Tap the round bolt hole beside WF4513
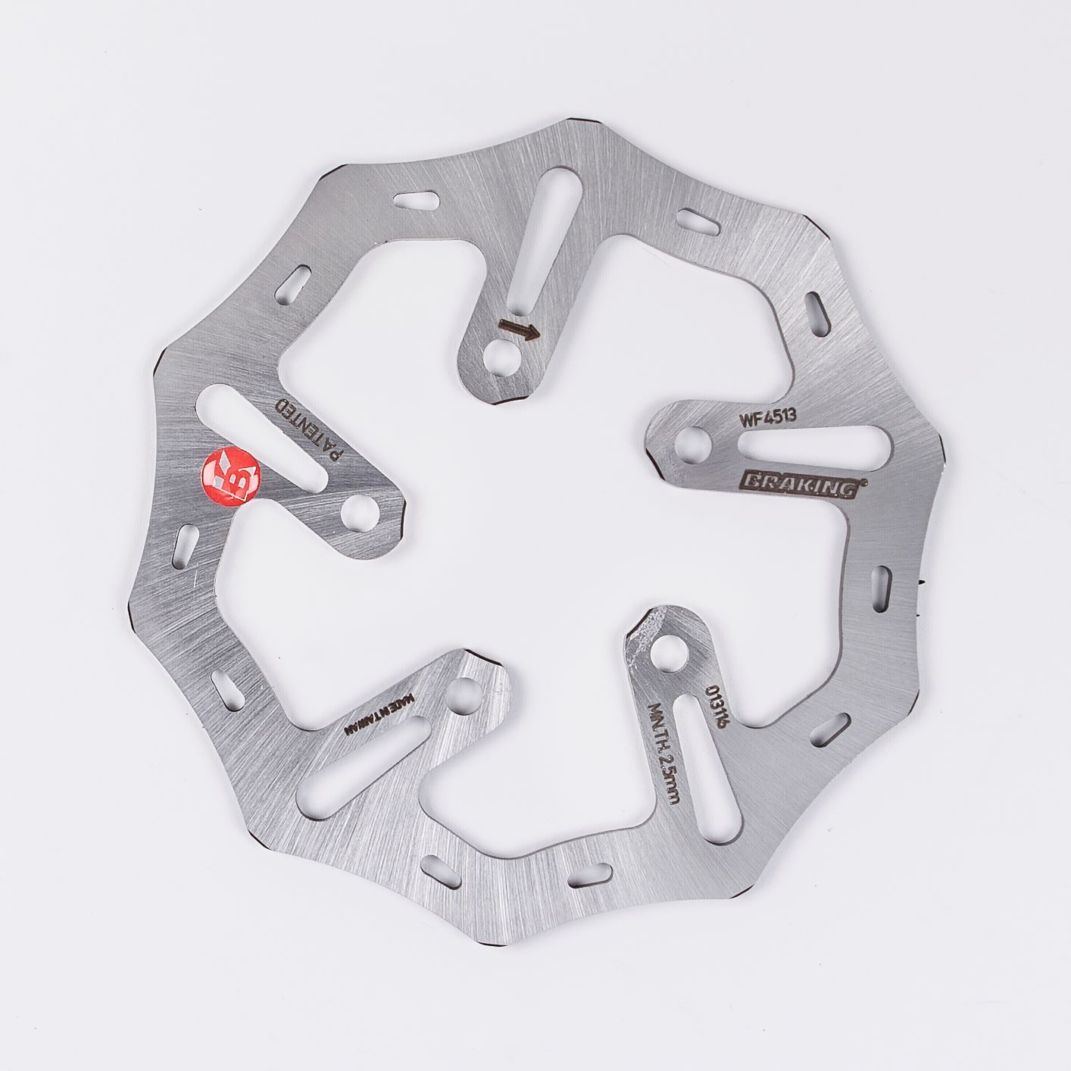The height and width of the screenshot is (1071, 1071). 694,440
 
